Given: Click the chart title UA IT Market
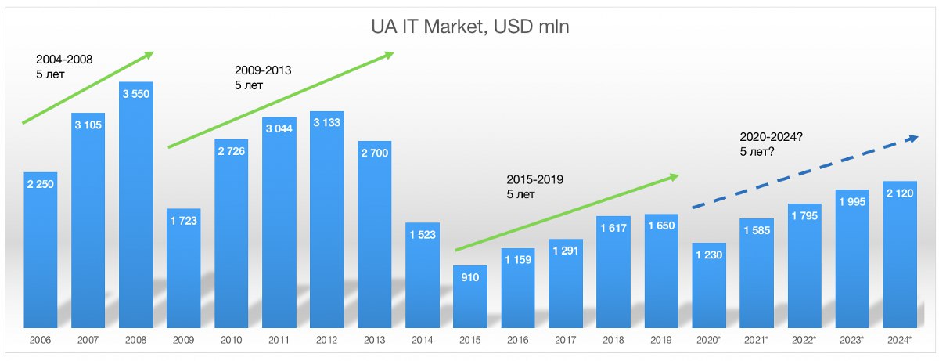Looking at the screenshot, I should tap(469, 28).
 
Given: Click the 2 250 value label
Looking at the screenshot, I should tap(41, 186).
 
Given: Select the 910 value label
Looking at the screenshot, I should tap(469, 279).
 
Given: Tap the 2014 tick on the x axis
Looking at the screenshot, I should tap(422, 341).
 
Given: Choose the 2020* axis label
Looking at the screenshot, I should tap(709, 341).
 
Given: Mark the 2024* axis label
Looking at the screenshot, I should tap(899, 341).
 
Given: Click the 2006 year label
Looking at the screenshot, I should tap(41, 341).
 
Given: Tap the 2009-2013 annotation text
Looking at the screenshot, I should tap(263, 78).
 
